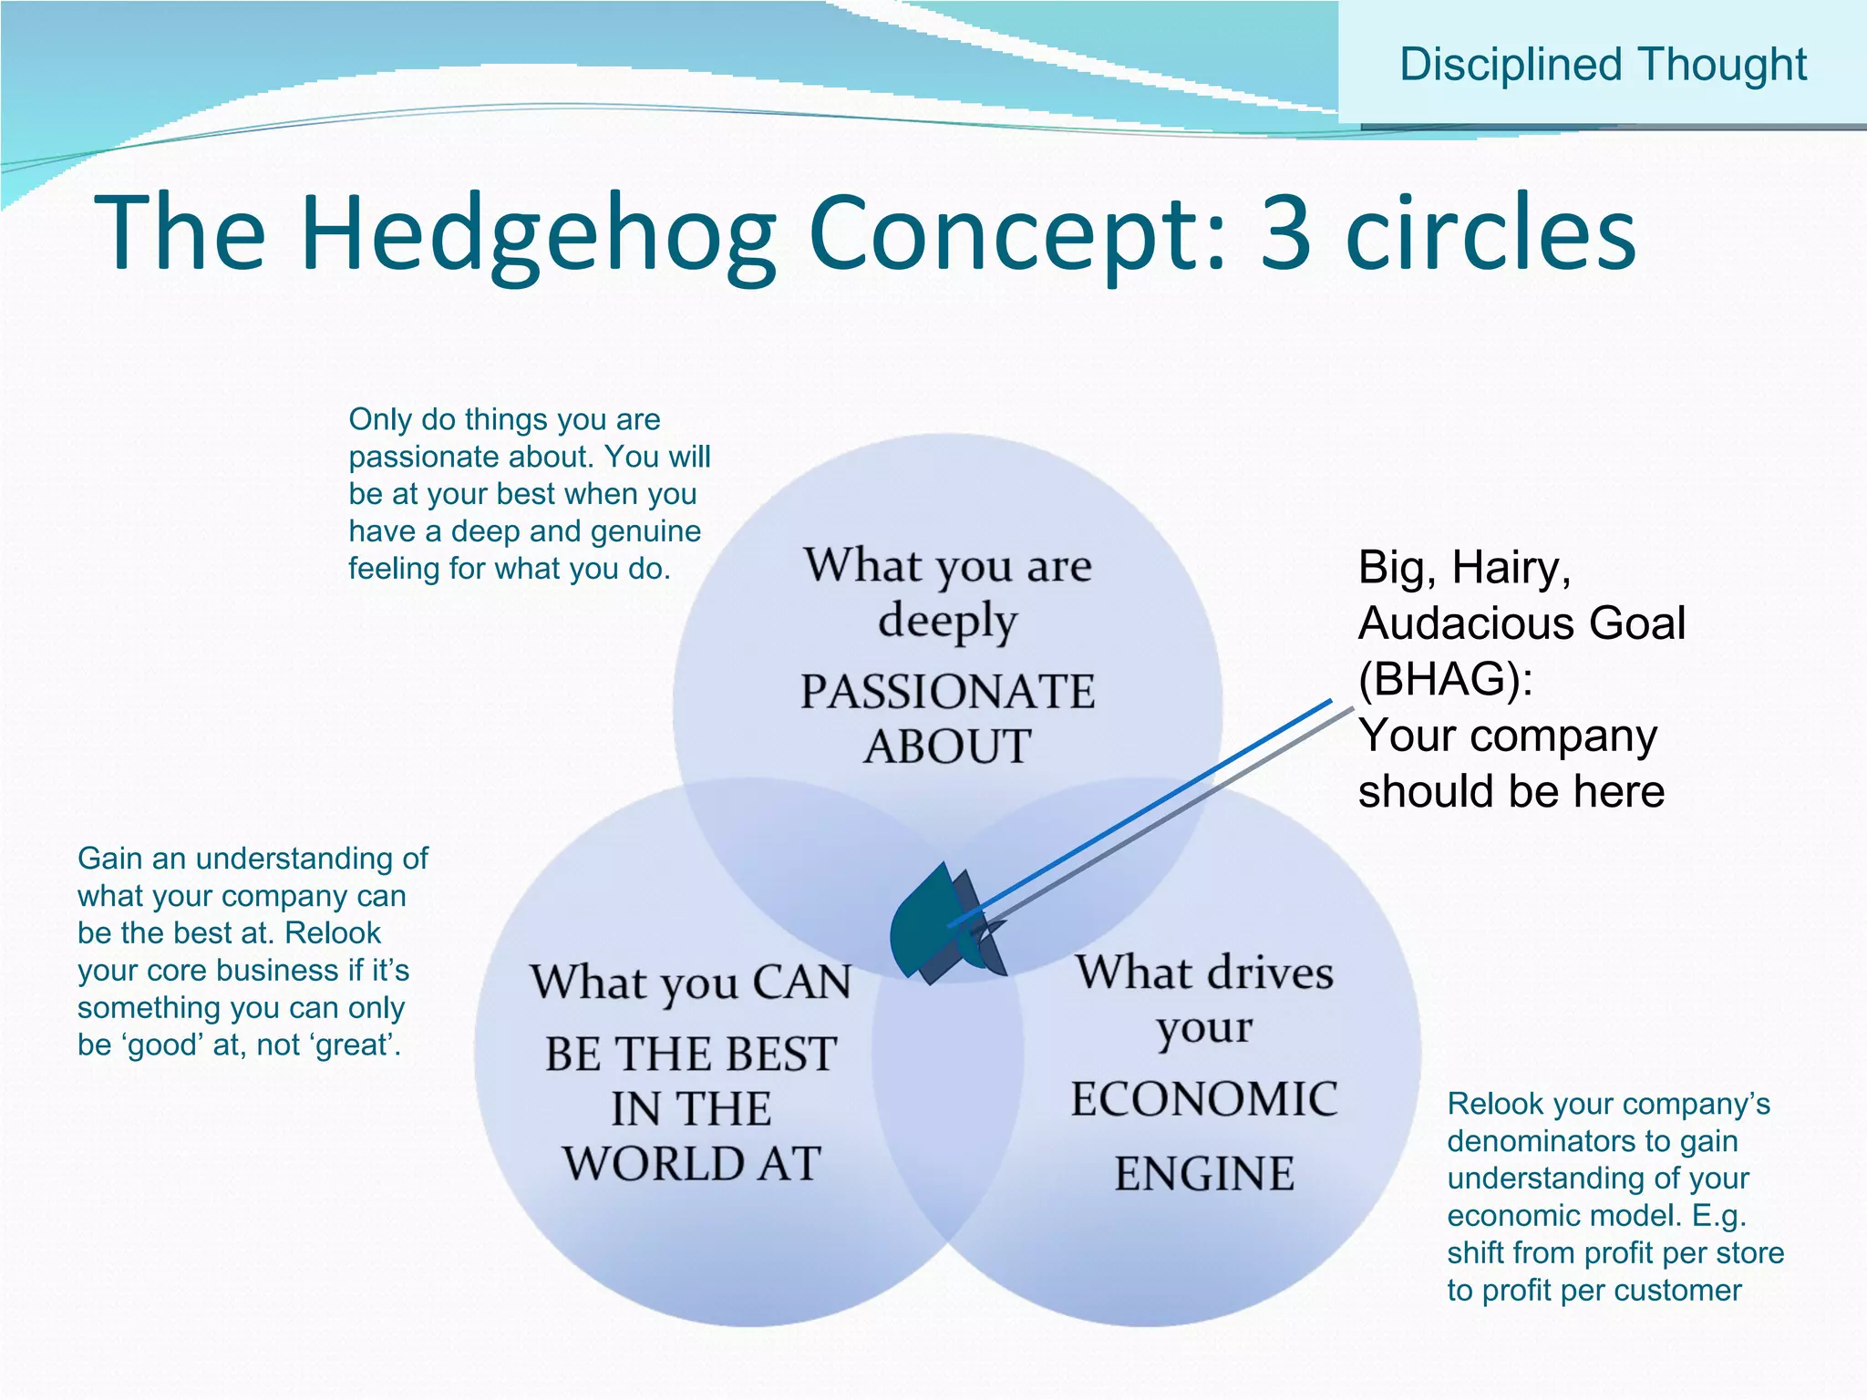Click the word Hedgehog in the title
coord(538,234)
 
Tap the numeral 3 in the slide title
coord(1286,234)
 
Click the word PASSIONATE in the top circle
coord(947,692)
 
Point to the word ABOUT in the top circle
coord(947,747)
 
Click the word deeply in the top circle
coord(947,623)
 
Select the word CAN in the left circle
coord(801,983)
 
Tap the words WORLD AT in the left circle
coord(691,1164)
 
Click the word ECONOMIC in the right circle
coord(1203,1099)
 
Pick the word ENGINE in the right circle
coord(1203,1174)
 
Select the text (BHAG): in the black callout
coord(1445,679)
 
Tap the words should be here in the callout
coord(1511,791)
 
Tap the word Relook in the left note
coord(333,933)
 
